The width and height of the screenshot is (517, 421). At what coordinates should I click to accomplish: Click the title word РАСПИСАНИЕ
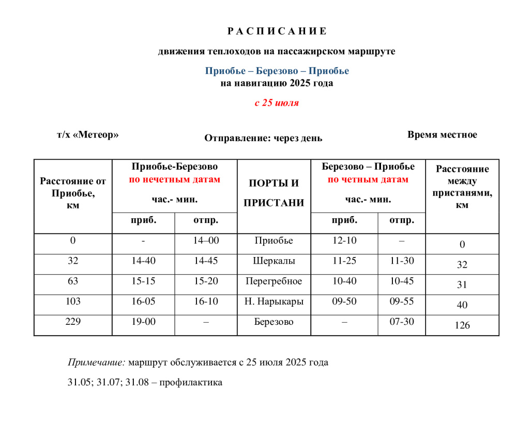277,31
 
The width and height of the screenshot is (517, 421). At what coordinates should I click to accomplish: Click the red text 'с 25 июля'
277,103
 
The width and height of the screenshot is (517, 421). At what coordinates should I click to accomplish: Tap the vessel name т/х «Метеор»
88,135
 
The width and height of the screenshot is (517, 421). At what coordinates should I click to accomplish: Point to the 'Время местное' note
442,135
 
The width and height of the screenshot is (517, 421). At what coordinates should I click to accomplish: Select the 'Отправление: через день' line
263,138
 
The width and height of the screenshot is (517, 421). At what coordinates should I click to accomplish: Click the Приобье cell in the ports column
273,241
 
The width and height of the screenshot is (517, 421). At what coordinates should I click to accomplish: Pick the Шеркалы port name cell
273,261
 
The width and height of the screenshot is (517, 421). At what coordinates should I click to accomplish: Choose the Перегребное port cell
273,281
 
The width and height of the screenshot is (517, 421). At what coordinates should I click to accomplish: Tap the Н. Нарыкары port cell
273,302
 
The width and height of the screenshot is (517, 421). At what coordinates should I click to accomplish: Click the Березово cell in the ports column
273,322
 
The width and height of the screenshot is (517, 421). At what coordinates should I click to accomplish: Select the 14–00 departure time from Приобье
206,241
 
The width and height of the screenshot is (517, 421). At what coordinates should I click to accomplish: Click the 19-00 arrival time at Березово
143,322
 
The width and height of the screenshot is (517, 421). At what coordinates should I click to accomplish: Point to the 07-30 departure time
402,322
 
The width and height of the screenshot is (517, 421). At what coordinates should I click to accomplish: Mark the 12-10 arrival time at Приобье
344,241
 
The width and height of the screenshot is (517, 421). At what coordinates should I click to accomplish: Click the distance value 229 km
73,322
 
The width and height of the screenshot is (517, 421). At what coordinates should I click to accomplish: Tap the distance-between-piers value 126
462,326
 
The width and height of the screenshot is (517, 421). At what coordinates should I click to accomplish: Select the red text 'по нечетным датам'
175,180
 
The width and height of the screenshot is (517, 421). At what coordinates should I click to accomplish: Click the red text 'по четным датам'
368,180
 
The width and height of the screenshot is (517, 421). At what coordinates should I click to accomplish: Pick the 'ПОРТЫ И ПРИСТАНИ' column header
273,193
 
